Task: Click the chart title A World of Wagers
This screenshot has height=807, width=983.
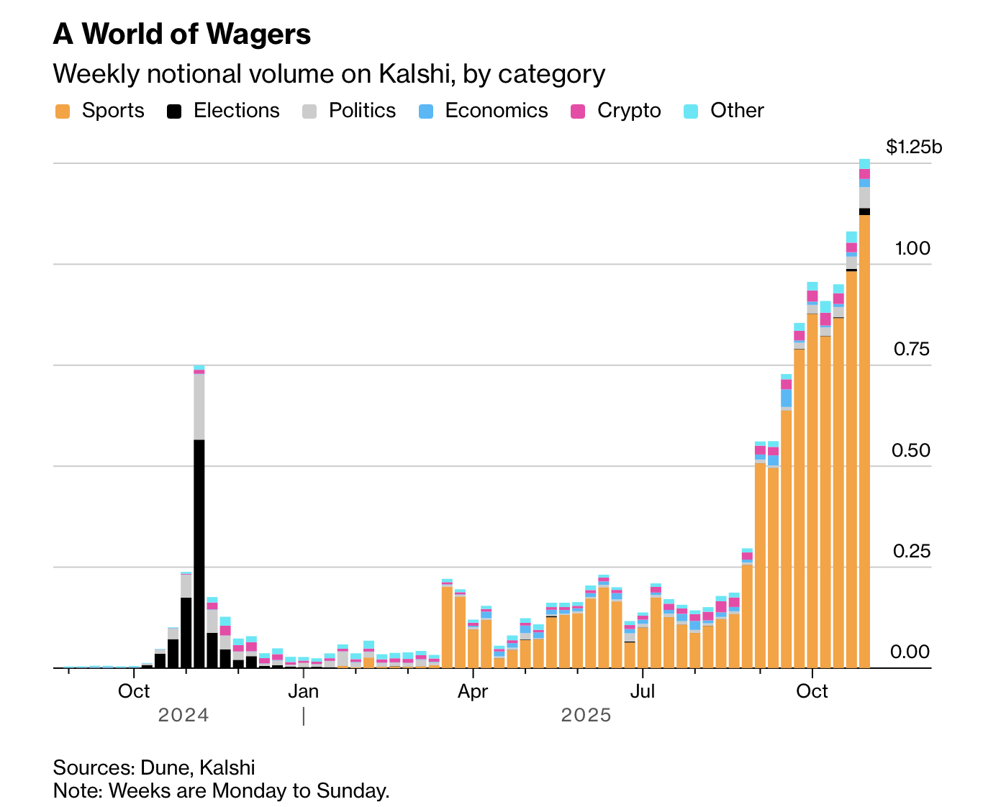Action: click(x=182, y=34)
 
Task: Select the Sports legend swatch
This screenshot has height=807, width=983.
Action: click(x=63, y=111)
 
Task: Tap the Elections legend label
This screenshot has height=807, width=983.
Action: click(x=236, y=111)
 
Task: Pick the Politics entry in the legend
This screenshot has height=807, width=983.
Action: click(x=362, y=111)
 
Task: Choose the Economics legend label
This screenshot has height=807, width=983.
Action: click(x=496, y=111)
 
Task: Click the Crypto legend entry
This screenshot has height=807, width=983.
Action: click(x=628, y=111)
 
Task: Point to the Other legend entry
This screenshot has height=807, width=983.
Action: click(x=737, y=111)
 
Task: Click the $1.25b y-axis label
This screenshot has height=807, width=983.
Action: click(x=914, y=147)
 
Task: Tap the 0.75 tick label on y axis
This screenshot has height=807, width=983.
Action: click(x=912, y=350)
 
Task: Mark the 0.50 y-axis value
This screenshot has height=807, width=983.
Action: click(x=911, y=451)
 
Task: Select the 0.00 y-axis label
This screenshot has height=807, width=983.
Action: click(x=911, y=652)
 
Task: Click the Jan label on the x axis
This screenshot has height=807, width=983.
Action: click(x=303, y=692)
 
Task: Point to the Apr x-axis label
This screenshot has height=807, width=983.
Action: click(x=473, y=692)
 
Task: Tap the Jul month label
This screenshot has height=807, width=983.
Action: click(x=642, y=692)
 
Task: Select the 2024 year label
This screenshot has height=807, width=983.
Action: click(x=184, y=716)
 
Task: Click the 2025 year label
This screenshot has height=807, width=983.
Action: click(x=586, y=716)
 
